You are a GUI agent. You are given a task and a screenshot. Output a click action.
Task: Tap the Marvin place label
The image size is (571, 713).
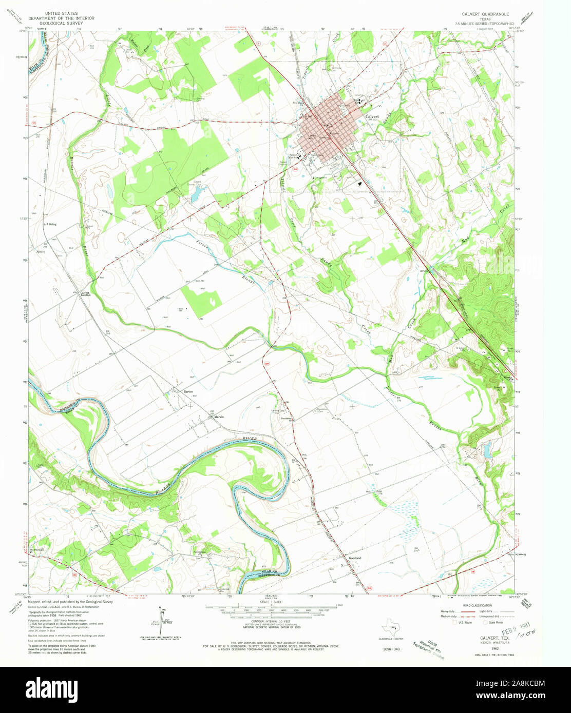coord(219,417)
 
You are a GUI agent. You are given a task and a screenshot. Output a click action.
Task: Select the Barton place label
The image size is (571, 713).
coord(188,391)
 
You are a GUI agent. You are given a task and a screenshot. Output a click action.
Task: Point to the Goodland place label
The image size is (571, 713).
coord(355,558)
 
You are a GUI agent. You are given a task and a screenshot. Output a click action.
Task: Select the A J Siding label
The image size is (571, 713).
coord(50,224)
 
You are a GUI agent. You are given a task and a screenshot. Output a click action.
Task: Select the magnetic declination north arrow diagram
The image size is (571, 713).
coord(163,622)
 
